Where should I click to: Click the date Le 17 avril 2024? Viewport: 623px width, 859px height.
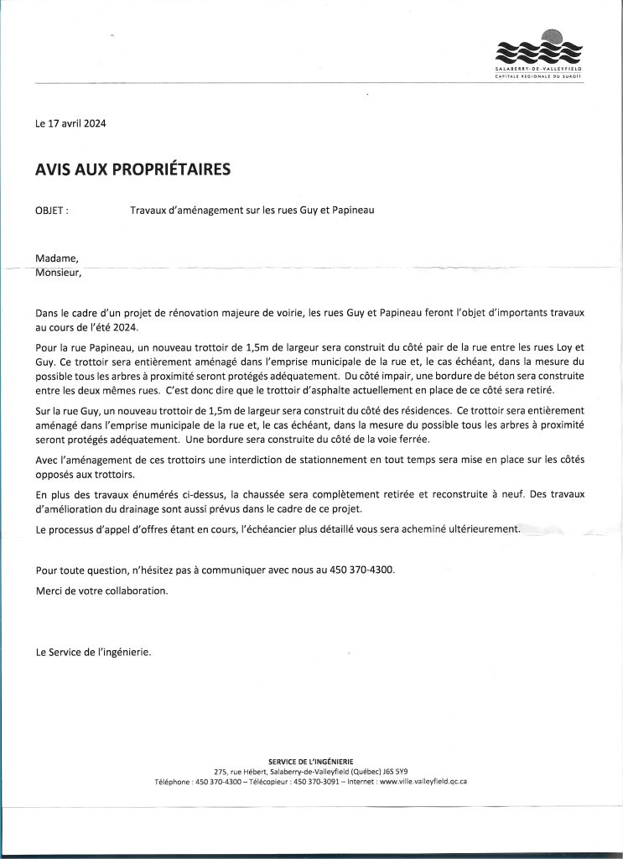[71, 124]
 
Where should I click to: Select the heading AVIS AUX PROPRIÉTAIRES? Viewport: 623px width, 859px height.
[132, 169]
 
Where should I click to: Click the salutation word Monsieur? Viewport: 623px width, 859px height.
[59, 272]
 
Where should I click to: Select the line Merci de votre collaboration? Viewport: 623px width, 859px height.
[101, 590]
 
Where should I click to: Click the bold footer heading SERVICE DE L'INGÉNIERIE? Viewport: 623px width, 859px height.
[310, 761]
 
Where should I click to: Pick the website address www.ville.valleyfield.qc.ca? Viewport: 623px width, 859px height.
[423, 781]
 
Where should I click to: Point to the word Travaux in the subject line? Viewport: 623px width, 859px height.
[149, 211]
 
